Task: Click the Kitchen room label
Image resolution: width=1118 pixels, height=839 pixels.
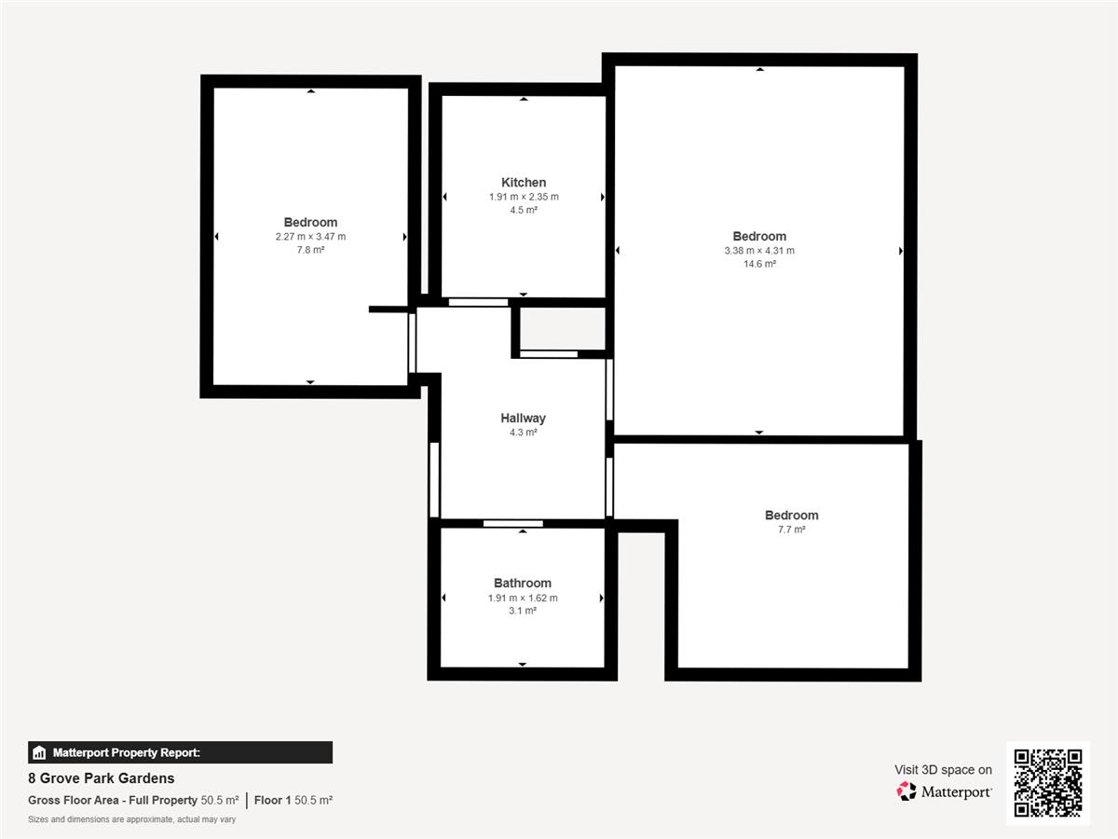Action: tap(524, 183)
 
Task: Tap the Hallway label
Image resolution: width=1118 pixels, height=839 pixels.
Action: tap(523, 419)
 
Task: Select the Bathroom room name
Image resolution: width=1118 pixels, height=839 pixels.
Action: tap(523, 584)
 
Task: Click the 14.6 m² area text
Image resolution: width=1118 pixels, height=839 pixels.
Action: tap(759, 264)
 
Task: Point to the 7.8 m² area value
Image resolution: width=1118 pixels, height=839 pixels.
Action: tap(310, 250)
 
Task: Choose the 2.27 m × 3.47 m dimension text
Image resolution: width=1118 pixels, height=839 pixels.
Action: tap(310, 237)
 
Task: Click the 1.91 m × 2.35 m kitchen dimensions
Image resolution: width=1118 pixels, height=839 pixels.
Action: tap(524, 197)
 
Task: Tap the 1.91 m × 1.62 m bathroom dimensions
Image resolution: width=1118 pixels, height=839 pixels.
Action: tap(523, 598)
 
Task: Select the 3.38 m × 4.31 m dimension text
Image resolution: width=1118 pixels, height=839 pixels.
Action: tap(759, 251)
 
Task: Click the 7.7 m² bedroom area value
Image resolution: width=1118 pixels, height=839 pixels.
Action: tap(792, 530)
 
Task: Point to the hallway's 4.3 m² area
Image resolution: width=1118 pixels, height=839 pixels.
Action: tap(523, 433)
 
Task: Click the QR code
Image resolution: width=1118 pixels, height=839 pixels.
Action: tap(1048, 783)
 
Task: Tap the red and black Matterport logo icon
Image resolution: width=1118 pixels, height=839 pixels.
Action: tap(907, 791)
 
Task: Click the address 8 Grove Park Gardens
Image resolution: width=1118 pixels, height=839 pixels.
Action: tap(102, 778)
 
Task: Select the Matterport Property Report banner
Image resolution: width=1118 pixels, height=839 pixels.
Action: tap(181, 752)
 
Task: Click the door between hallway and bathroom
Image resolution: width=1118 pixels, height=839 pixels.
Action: tap(513, 524)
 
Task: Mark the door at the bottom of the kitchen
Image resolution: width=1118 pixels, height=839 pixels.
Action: tap(478, 303)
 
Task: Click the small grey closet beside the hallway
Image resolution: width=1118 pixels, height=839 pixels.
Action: tap(563, 328)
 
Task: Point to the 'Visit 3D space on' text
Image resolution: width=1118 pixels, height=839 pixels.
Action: tap(943, 770)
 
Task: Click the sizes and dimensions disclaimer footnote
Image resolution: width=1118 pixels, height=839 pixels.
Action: tap(132, 819)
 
